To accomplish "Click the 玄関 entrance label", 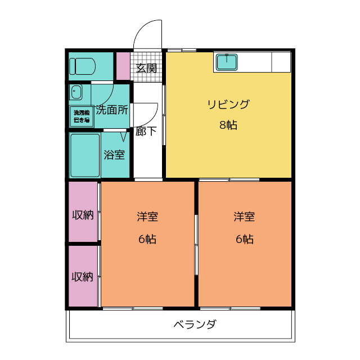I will pyautogui.click(x=147, y=69).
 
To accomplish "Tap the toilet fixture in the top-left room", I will pyautogui.click(x=83, y=66).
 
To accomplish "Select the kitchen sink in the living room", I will pyautogui.click(x=227, y=62).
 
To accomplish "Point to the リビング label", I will pyautogui.click(x=228, y=104).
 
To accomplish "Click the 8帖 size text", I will pyautogui.click(x=228, y=125).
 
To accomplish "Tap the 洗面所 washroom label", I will pyautogui.click(x=111, y=110).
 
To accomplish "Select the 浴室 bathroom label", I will pyautogui.click(x=114, y=155).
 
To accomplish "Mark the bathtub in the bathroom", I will pyautogui.click(x=84, y=155).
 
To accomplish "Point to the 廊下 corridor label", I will pyautogui.click(x=146, y=132).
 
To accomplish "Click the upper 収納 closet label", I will pyautogui.click(x=82, y=215).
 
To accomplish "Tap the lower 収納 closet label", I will pyautogui.click(x=82, y=277).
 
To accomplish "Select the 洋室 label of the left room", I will pyautogui.click(x=147, y=217).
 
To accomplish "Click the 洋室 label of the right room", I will pyautogui.click(x=245, y=217).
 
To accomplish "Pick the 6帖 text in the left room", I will pyautogui.click(x=147, y=239).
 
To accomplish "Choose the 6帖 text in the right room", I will pyautogui.click(x=245, y=239).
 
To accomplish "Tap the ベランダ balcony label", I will pyautogui.click(x=194, y=325).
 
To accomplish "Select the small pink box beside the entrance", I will pyautogui.click(x=123, y=66).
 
